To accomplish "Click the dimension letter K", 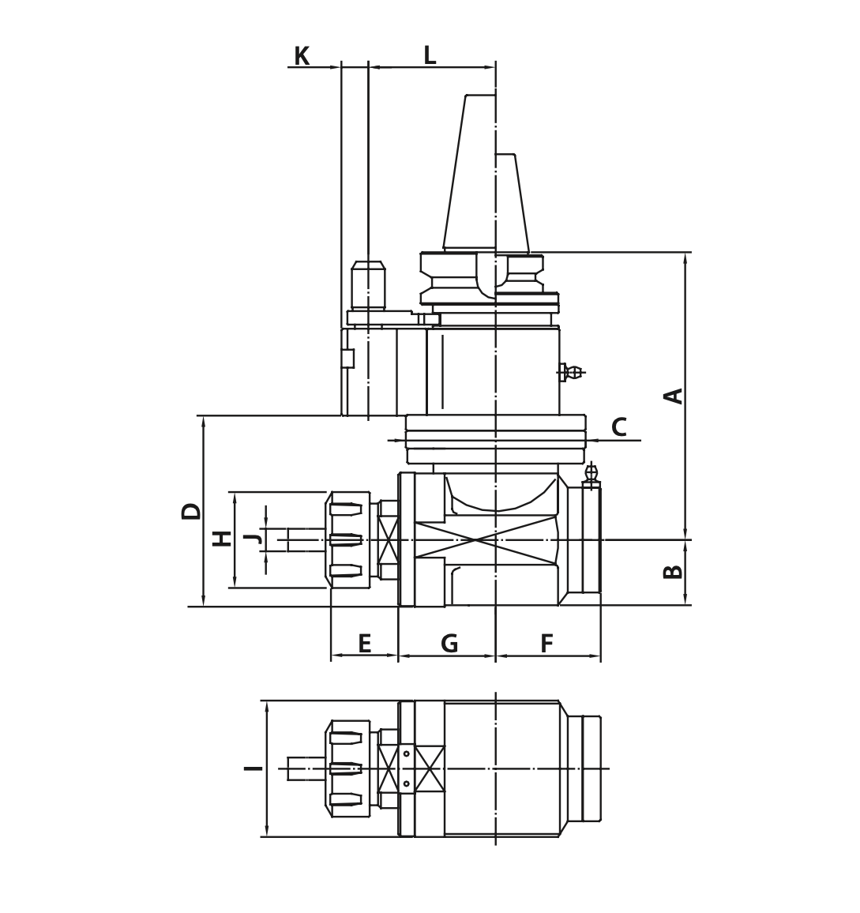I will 301,56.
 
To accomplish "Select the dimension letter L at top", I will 430,55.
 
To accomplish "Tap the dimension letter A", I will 673,396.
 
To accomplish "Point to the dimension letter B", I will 673,571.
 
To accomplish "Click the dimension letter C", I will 619,427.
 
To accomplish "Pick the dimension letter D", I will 191,511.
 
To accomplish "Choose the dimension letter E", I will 364,644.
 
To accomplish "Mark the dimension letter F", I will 546,644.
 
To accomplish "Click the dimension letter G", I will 449,644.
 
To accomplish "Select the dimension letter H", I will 223,539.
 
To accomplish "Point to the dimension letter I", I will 253,768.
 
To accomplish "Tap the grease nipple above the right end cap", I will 591,474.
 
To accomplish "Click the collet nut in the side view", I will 348,539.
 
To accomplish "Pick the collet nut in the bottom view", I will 348,768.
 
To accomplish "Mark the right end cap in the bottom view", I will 591,768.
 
